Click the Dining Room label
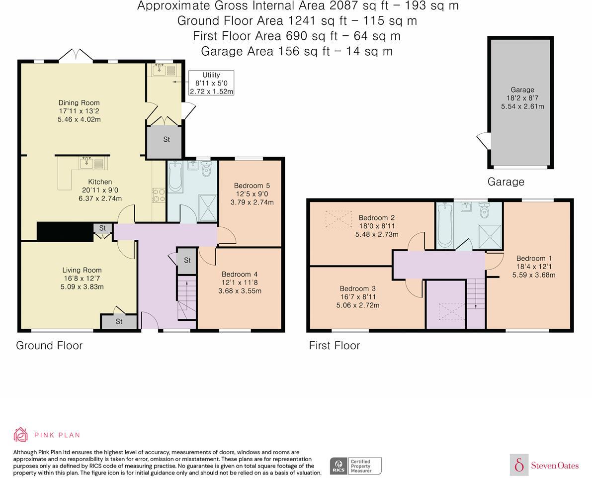[79, 103]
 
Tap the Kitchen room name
[100, 182]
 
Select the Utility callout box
[211, 83]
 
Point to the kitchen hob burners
[159, 194]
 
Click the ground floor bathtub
[175, 177]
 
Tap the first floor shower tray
[490, 237]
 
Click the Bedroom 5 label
[252, 186]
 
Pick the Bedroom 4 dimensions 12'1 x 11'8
[240, 283]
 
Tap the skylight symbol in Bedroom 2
[338, 219]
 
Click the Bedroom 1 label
[534, 259]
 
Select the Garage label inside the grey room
[522, 90]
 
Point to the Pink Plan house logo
[21, 435]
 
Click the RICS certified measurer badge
[356, 466]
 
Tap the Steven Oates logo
[545, 465]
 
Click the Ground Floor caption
[49, 345]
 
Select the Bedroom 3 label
[357, 288]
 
